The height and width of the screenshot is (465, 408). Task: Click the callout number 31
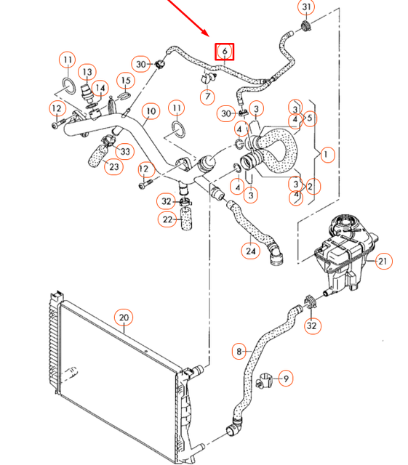[x=306, y=8]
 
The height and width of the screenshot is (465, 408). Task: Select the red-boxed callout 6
[x=225, y=51]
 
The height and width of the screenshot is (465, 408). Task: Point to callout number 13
[x=88, y=72]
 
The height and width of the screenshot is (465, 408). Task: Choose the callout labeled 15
[x=125, y=80]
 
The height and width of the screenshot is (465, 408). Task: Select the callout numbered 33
[x=125, y=151]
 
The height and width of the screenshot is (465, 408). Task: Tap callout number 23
[x=113, y=167]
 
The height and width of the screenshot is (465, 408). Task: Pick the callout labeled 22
[x=167, y=219]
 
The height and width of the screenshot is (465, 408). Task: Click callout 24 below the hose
[x=250, y=251]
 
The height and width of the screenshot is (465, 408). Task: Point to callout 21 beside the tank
[x=383, y=261]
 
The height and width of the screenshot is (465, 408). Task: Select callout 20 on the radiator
[x=124, y=317]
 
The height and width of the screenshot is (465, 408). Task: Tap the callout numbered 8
[x=239, y=352]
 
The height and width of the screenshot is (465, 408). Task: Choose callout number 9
[x=286, y=378]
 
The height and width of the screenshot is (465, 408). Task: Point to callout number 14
[x=101, y=89]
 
